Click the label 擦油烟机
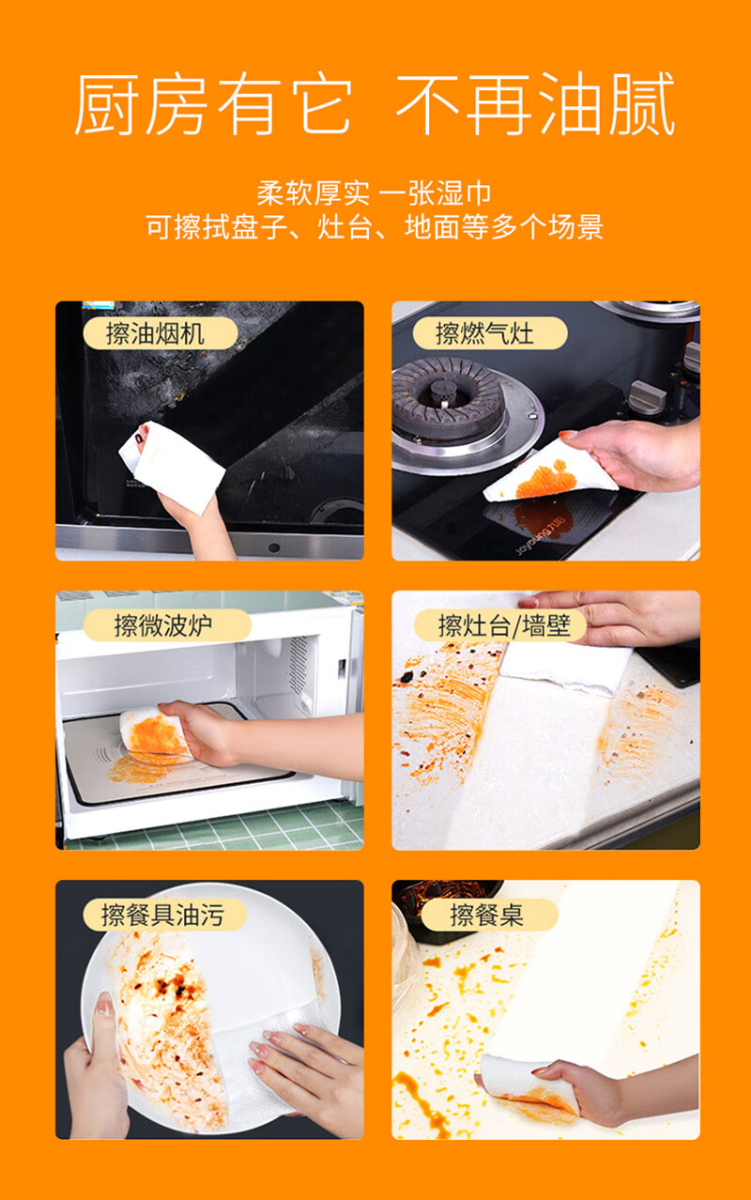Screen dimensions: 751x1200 161,333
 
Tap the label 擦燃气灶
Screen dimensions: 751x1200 490,333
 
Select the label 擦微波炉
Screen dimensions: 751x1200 167,624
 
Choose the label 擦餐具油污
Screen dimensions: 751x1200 164,915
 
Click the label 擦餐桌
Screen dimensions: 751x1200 489,915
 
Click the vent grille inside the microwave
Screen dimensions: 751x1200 298,664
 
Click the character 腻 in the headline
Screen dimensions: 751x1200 642,103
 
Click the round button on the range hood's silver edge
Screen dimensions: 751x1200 274,547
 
